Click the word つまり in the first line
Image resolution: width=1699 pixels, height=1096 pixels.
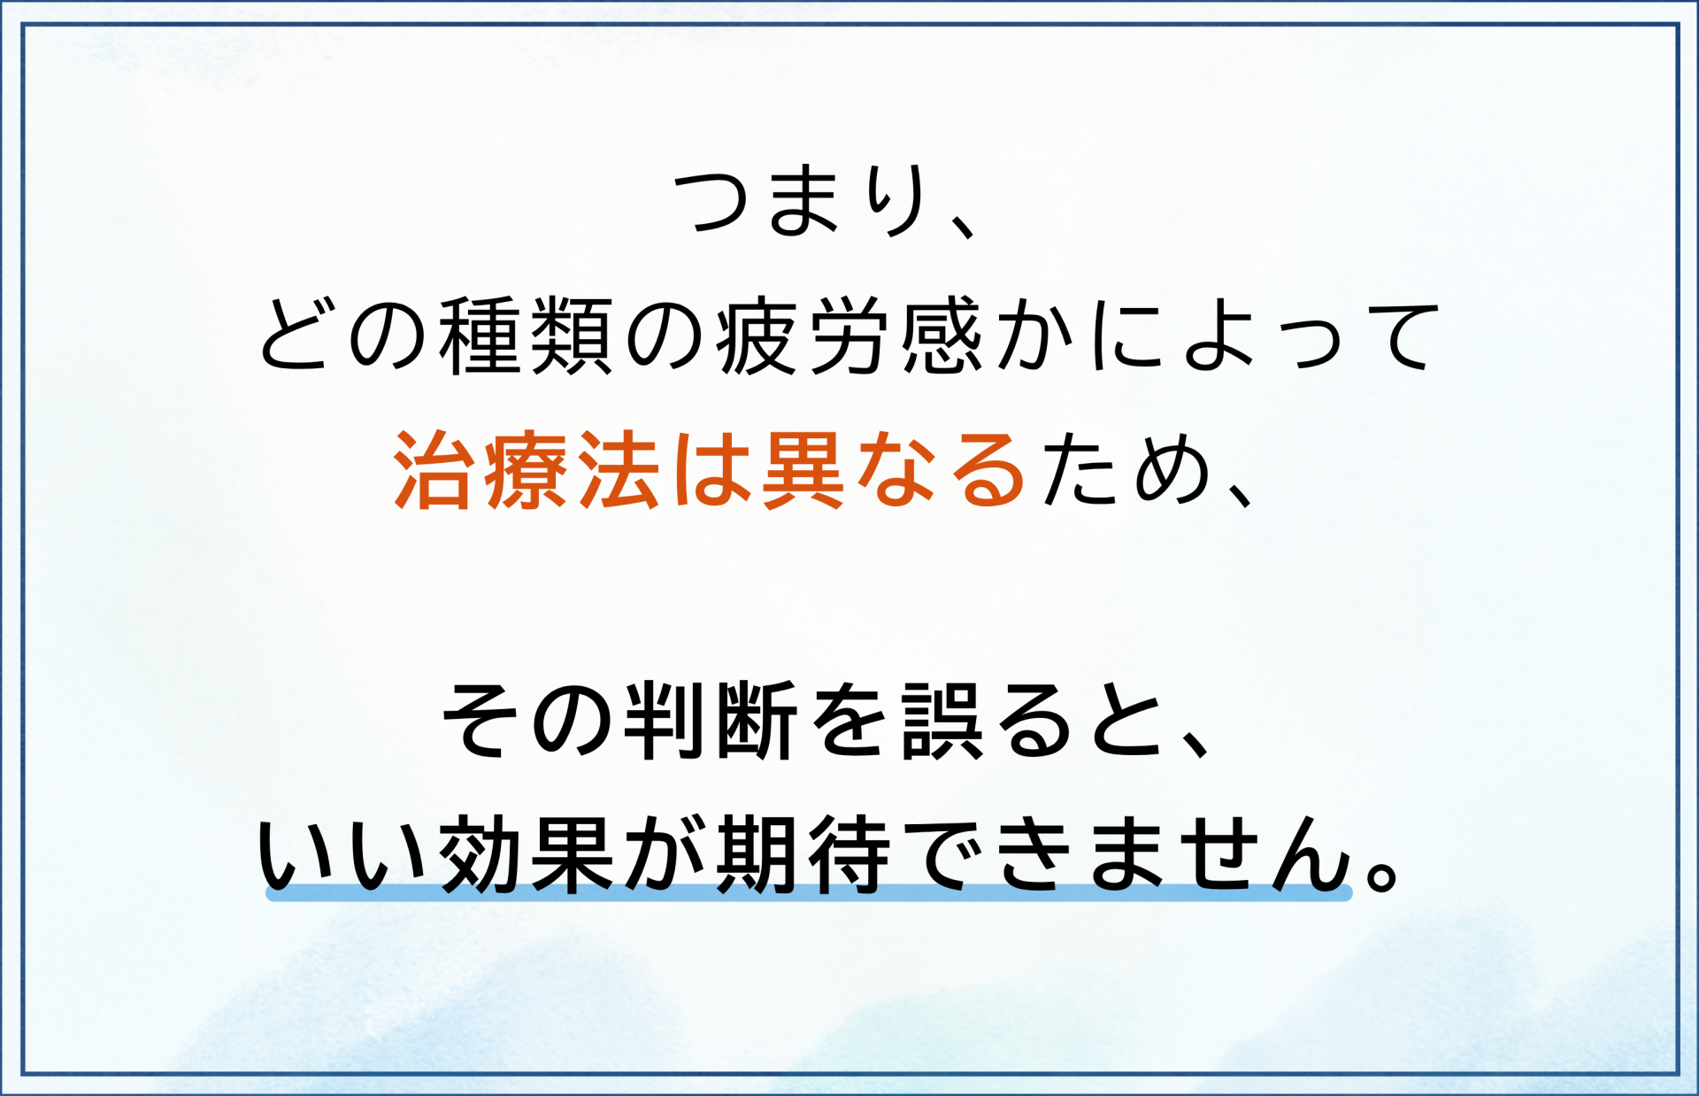tap(801, 202)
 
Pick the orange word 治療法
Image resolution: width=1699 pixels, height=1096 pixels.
tap(527, 470)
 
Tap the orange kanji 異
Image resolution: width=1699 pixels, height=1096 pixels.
tap(802, 470)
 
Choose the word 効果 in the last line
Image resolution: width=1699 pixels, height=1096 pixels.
tap(526, 854)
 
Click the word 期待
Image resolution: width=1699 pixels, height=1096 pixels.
tap(802, 854)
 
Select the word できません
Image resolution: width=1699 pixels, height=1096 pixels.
tap(1127, 854)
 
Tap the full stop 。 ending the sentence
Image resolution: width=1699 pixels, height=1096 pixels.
tap(1381, 873)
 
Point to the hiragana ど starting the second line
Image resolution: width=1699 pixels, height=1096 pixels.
tap(296, 336)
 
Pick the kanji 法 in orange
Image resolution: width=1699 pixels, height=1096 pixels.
tap(619, 470)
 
